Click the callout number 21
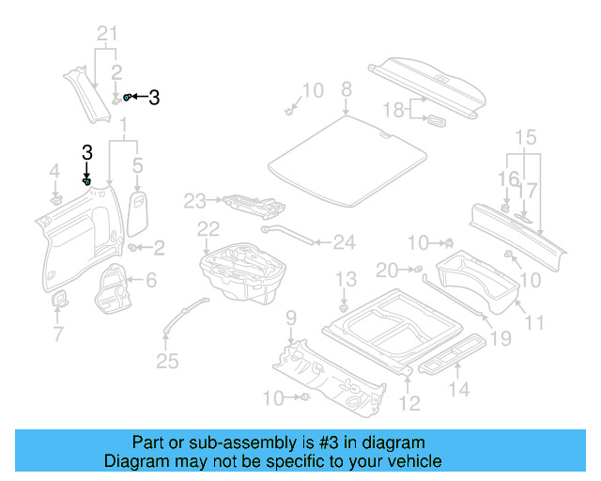(x=109, y=36)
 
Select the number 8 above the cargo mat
(x=346, y=89)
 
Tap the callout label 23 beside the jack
(x=194, y=200)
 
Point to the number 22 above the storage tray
(x=208, y=228)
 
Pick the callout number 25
(x=166, y=360)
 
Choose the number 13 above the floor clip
(x=347, y=279)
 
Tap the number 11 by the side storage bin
(x=535, y=323)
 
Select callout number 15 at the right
(x=523, y=137)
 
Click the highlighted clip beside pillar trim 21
(x=129, y=97)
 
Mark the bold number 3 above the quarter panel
(x=86, y=152)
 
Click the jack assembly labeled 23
(x=249, y=203)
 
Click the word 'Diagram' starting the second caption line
(x=133, y=462)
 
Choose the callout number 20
(x=388, y=271)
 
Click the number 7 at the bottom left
(x=57, y=334)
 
